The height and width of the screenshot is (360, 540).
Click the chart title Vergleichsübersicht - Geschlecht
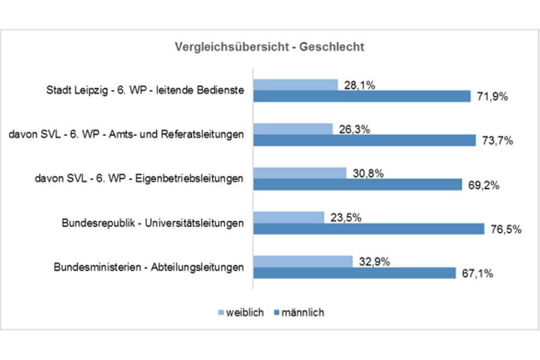pyautogui.click(x=269, y=47)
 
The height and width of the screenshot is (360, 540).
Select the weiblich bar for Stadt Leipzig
pyautogui.click(x=296, y=85)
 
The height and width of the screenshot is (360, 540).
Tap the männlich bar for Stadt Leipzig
pyautogui.click(x=362, y=97)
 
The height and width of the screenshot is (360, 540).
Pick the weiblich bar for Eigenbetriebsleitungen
pyautogui.click(x=300, y=173)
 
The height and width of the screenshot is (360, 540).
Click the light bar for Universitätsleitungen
pyautogui.click(x=289, y=218)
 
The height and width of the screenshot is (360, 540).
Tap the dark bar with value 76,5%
pyautogui.click(x=369, y=229)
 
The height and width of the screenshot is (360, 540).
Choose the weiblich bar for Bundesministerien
pyautogui.click(x=303, y=261)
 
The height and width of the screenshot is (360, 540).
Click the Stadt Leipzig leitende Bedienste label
pyautogui.click(x=145, y=90)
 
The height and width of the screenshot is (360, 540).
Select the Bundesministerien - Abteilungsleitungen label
pyautogui.click(x=148, y=267)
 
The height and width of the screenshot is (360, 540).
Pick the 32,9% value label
pyautogui.click(x=373, y=261)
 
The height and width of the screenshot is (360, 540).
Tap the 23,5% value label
pyautogui.click(x=345, y=218)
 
